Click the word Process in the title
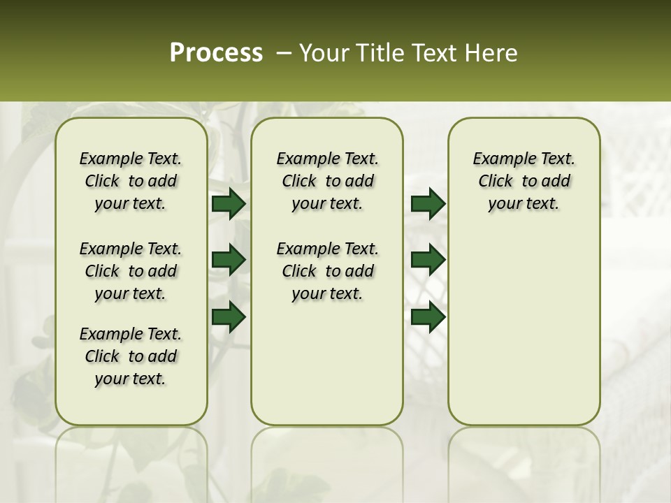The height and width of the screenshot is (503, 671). [216, 52]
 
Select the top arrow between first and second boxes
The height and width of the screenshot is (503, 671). [229, 204]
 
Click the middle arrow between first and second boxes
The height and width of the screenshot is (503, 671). [229, 260]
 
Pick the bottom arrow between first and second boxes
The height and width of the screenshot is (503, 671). [229, 316]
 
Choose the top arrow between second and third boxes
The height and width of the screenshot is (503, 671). [428, 204]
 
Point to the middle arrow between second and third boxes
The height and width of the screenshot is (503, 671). [428, 260]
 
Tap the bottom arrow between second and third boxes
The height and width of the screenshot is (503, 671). [428, 316]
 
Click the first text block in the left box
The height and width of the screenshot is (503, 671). [131, 181]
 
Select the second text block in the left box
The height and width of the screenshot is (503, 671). [131, 271]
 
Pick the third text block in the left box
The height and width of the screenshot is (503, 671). [131, 356]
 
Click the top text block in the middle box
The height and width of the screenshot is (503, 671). [327, 181]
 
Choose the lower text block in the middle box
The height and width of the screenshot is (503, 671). [327, 271]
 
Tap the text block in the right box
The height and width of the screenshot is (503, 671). [524, 181]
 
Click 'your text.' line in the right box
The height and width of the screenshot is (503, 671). [524, 203]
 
